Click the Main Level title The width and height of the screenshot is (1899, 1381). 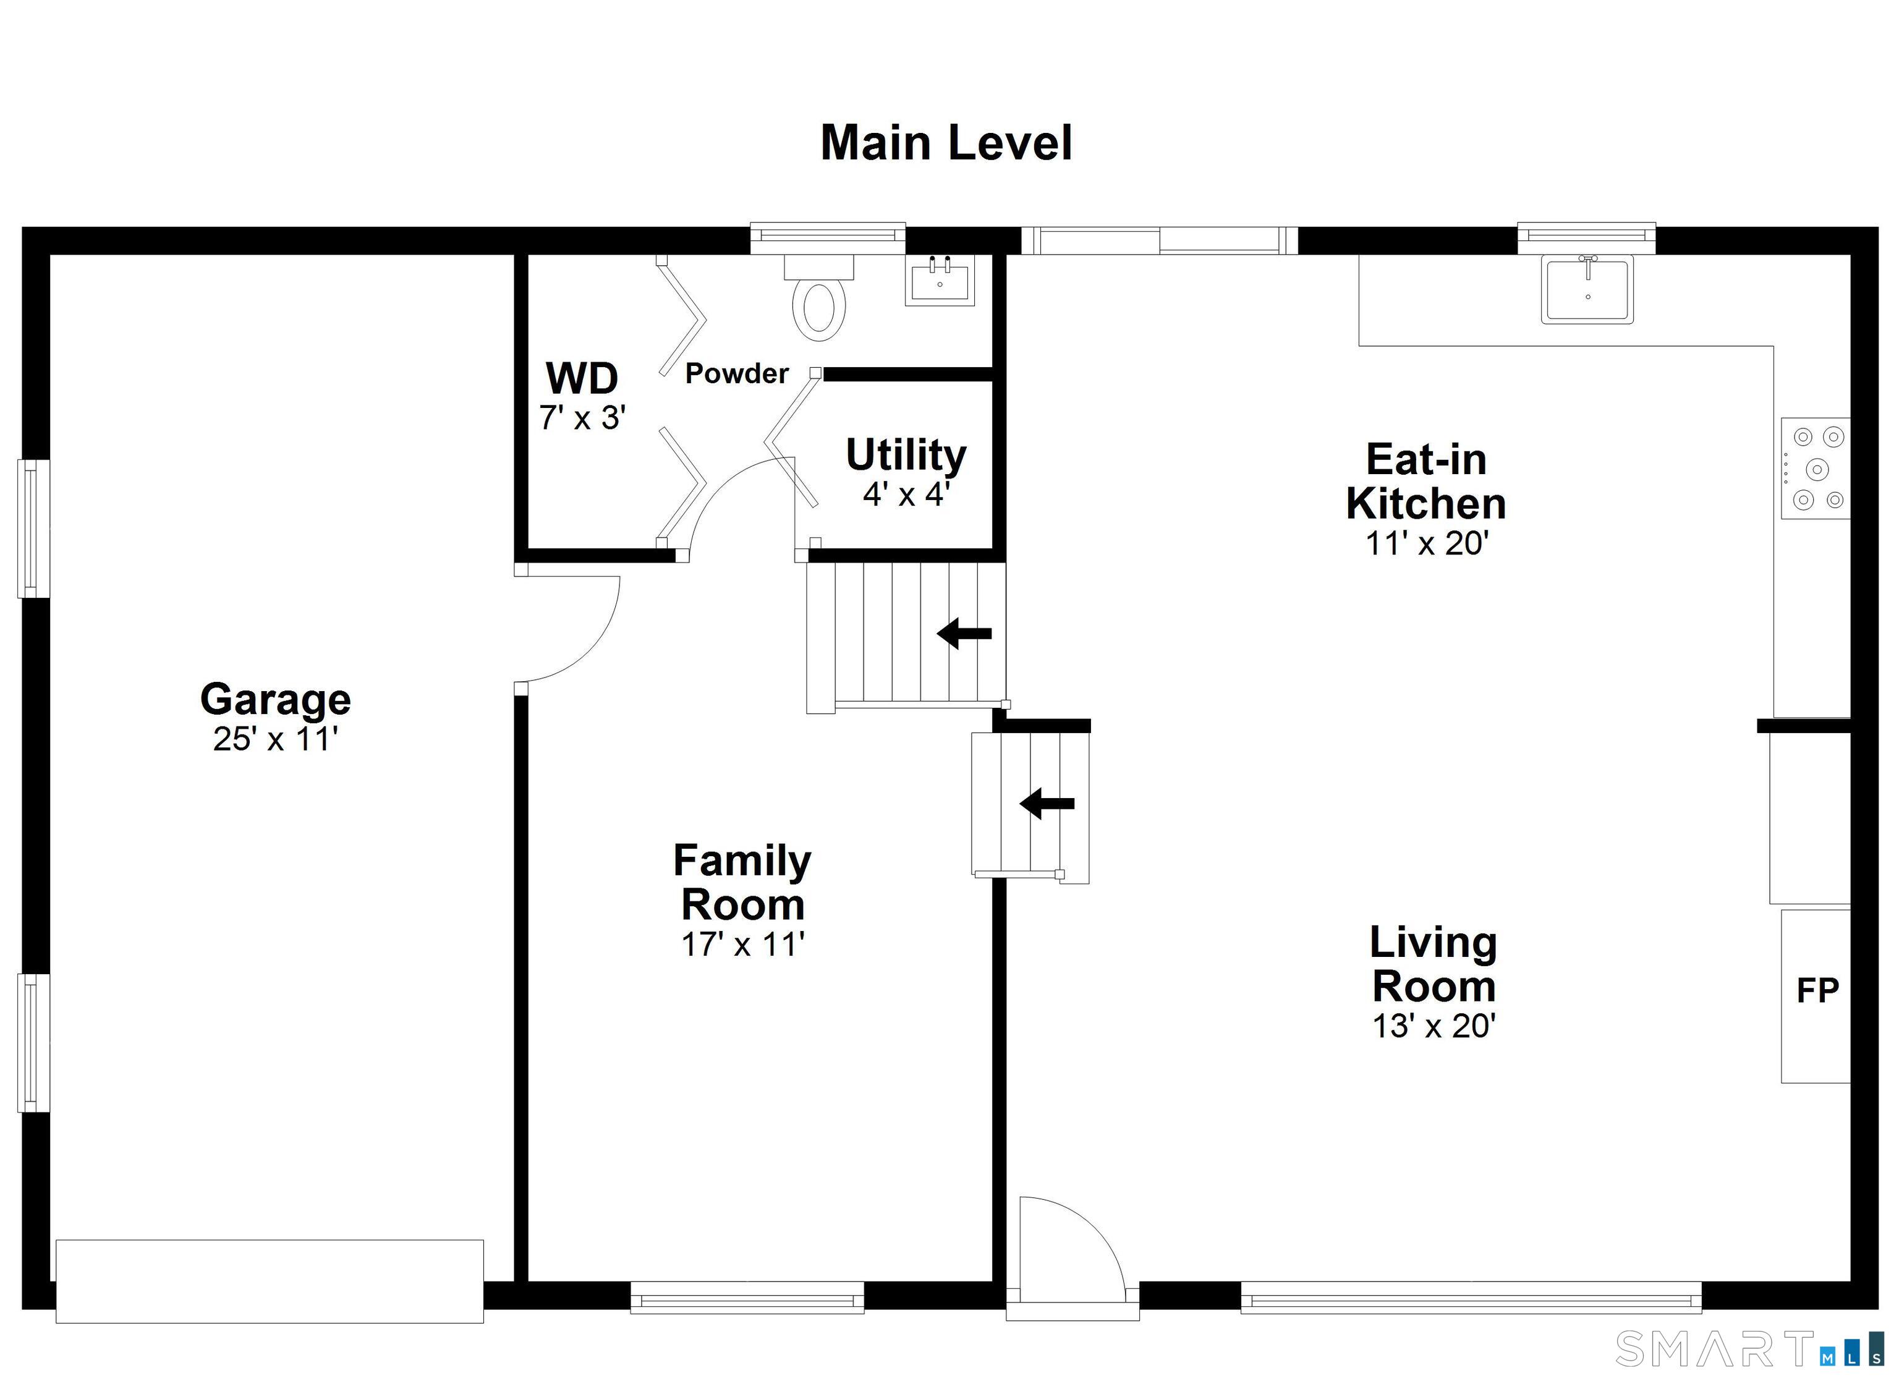[946, 143]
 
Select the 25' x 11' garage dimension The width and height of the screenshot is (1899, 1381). [276, 739]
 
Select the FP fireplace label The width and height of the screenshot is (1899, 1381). [1818, 991]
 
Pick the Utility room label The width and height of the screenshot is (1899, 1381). [906, 456]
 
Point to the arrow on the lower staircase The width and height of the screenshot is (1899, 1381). [1047, 803]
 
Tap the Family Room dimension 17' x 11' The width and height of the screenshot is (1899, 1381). [742, 945]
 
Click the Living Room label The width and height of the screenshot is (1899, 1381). [1434, 965]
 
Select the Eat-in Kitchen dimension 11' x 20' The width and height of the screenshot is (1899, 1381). [1427, 543]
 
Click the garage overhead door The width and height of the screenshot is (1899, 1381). [270, 1281]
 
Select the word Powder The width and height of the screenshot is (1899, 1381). [737, 373]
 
